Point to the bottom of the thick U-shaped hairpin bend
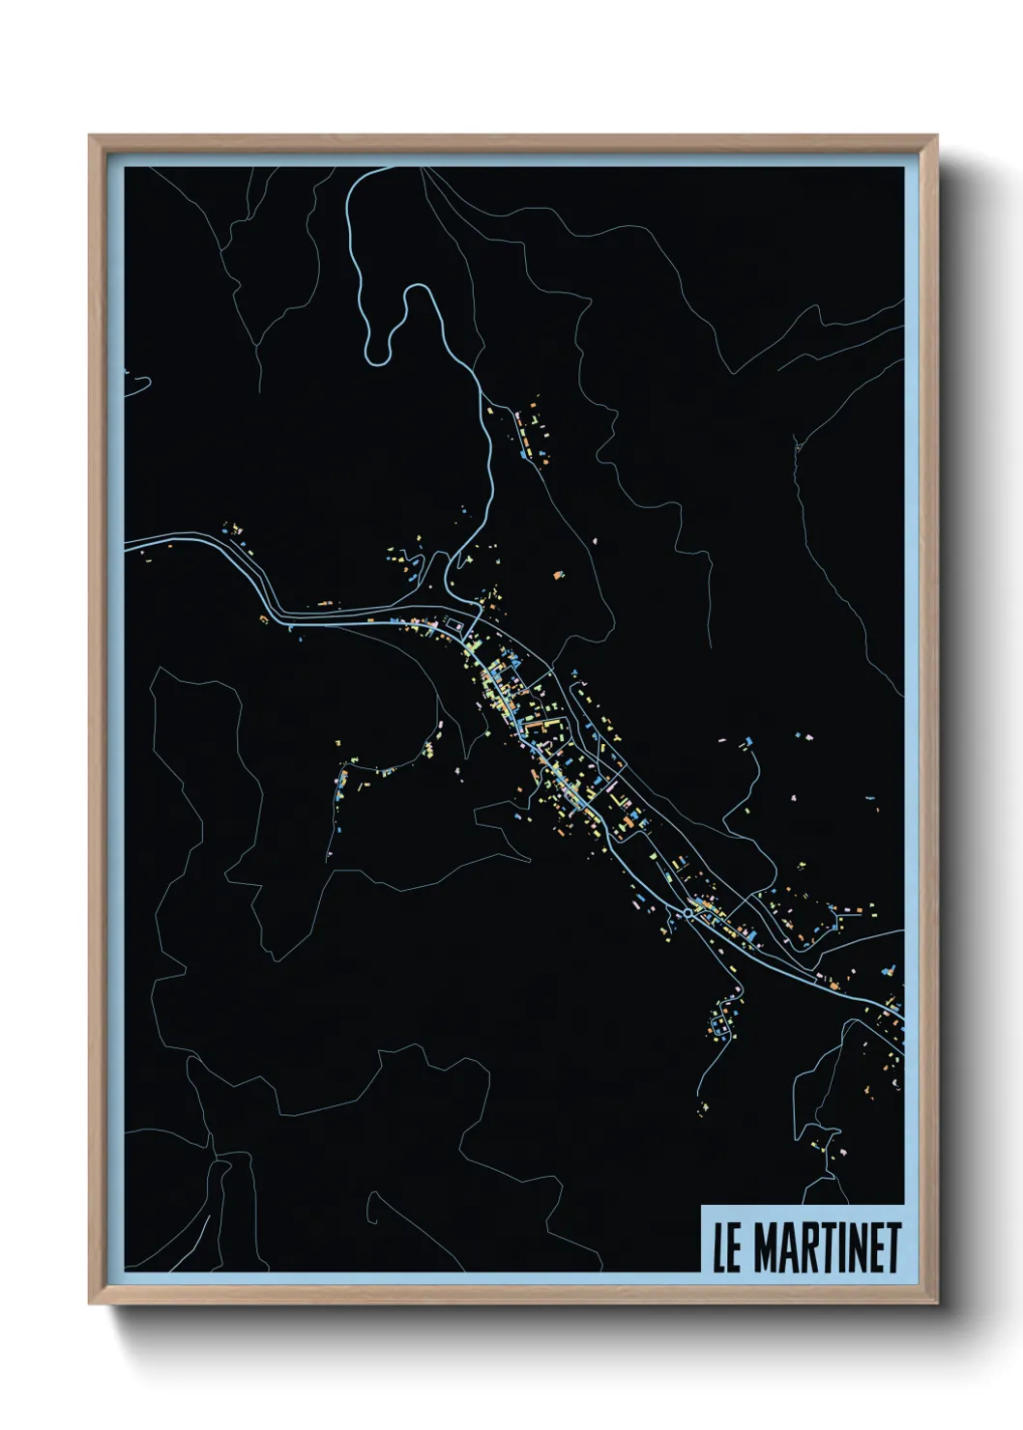point(378,359)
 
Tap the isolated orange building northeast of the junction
point(558,575)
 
